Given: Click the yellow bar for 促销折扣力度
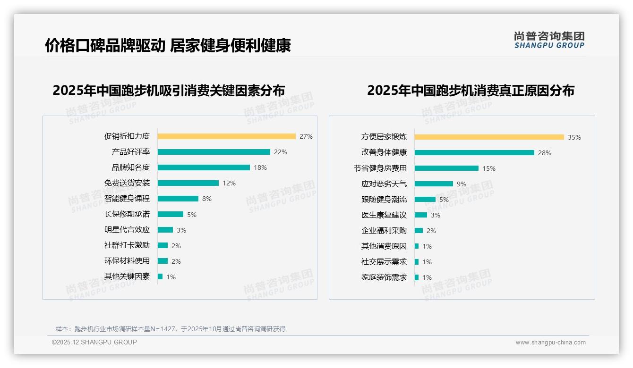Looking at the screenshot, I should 226,136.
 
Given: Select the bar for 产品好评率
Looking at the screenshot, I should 214,152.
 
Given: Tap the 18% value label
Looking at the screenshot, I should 260,167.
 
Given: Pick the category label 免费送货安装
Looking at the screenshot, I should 127,183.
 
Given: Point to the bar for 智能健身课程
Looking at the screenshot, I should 178,199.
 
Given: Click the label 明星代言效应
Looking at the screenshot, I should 127,230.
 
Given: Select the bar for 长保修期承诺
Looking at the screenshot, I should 170,214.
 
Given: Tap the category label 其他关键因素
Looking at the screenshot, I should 127,276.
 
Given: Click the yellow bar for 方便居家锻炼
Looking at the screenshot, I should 489,137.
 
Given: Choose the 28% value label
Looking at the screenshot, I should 545,153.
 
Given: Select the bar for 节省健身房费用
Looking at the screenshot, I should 446,168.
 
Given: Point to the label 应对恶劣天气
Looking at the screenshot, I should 384,184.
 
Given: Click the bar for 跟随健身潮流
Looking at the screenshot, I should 425,199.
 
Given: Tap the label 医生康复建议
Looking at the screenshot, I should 384,215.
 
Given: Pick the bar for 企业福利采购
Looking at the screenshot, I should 419,230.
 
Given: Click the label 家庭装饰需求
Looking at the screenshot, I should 384,277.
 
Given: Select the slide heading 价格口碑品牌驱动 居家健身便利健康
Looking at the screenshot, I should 168,45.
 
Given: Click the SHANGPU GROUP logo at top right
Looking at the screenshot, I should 549,40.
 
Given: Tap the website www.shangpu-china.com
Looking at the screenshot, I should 550,343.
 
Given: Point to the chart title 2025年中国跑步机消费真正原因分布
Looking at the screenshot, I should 470,90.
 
